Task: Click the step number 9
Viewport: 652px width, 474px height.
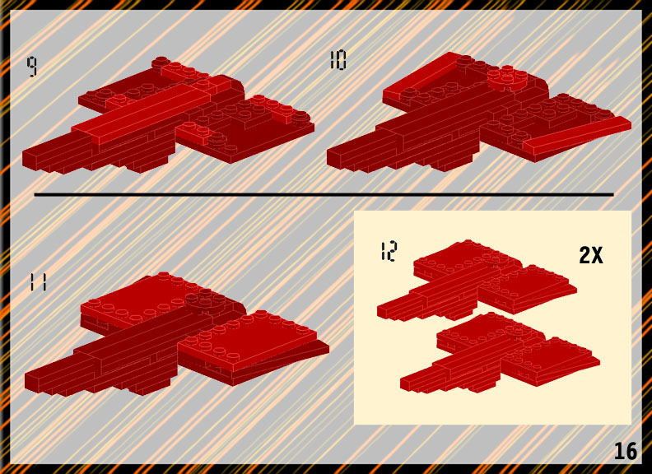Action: pos(32,67)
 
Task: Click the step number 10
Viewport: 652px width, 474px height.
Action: pos(338,60)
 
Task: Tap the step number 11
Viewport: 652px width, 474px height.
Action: pos(38,282)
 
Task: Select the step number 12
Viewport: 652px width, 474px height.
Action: pos(389,251)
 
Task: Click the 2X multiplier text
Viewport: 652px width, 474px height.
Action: pos(590,255)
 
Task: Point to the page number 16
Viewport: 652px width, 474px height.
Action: pos(626,451)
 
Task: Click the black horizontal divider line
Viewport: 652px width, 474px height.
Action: pos(324,194)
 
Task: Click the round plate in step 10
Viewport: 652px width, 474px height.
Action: pos(508,78)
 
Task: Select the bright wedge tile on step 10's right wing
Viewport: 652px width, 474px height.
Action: pos(578,135)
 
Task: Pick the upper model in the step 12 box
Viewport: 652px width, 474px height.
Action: pos(477,280)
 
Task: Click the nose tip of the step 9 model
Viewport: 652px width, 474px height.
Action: pos(24,160)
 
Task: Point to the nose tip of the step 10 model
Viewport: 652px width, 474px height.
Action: pos(329,159)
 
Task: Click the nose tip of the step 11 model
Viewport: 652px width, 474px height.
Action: pos(26,383)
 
